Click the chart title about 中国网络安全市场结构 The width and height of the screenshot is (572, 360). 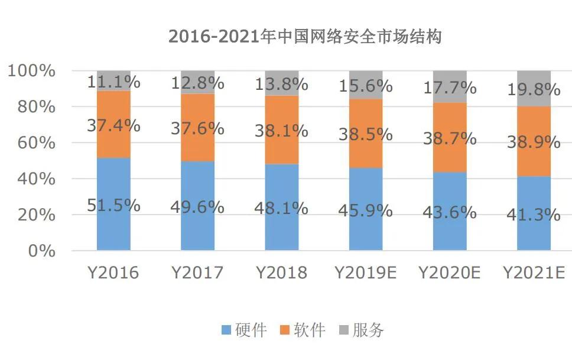pos(305,37)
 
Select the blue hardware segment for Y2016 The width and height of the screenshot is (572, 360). pos(113,231)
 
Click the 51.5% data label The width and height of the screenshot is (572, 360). pos(113,206)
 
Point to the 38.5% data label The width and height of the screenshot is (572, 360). pos(365,134)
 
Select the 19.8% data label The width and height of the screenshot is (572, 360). pos(534,90)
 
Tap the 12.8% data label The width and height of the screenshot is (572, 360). pos(197,83)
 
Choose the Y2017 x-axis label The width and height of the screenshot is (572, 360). pos(197,273)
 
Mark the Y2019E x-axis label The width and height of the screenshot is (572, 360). pos(365,273)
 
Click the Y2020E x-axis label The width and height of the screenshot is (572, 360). pos(450,273)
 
